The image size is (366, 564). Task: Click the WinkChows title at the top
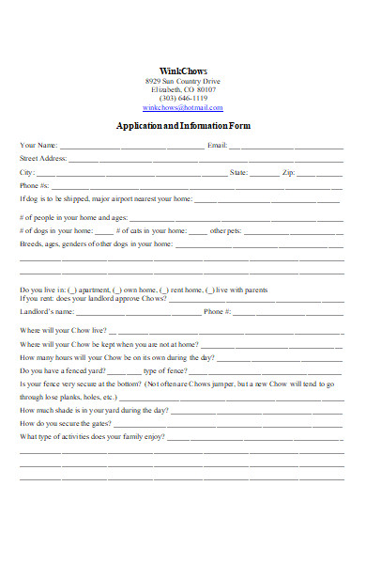point(183,70)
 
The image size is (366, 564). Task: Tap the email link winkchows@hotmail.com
point(183,107)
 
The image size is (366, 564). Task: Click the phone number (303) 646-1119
point(183,98)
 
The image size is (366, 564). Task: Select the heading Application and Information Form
point(183,126)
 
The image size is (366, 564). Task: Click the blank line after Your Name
point(131,147)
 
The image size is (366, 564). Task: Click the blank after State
point(265,174)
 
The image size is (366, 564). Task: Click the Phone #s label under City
point(35,186)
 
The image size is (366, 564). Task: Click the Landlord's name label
point(47,311)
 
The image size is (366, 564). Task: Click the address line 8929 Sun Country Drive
point(183,81)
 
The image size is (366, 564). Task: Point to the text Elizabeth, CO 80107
point(183,89)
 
